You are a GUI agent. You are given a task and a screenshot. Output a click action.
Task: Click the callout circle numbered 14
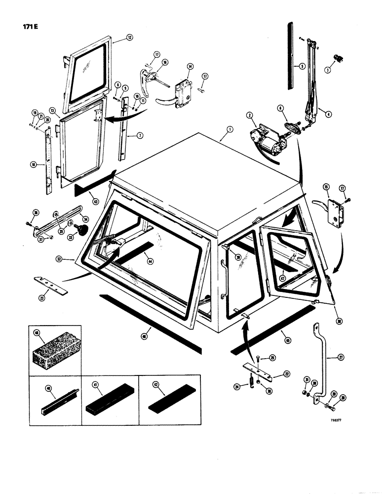coord(190,67)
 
